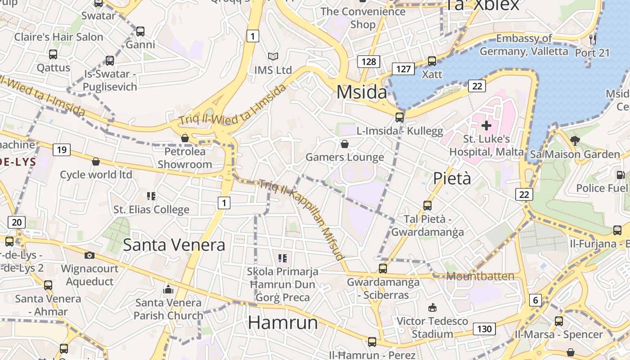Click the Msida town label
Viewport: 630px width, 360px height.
point(361,92)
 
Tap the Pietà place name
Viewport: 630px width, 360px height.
point(452,179)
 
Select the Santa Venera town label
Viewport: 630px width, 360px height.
point(174,245)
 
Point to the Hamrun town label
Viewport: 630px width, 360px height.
point(283,322)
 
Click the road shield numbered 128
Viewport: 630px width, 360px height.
point(369,61)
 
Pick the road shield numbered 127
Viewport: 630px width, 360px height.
point(403,68)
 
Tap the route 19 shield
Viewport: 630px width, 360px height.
point(62,149)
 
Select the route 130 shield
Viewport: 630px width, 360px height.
point(484,329)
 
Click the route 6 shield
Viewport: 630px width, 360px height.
point(535,300)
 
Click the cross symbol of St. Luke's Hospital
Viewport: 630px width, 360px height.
point(486,126)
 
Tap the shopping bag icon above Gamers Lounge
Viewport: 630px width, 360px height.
point(344,144)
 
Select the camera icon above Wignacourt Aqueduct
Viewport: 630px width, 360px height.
point(90,255)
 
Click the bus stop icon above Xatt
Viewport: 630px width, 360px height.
point(432,61)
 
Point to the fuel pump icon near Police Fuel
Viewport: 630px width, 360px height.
point(621,175)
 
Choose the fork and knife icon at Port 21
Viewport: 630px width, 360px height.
point(593,40)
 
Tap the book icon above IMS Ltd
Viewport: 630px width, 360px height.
point(273,57)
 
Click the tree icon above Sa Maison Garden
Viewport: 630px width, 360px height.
point(575,140)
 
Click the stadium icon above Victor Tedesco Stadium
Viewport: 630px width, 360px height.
point(432,308)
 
